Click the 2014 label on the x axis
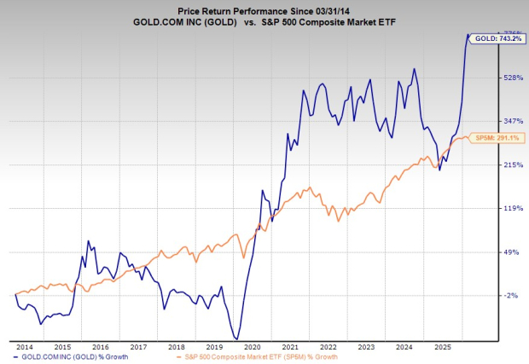[x=25, y=348]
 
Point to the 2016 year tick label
[x=100, y=348]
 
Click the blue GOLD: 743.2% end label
[x=496, y=39]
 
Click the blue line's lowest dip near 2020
[x=235, y=338]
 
